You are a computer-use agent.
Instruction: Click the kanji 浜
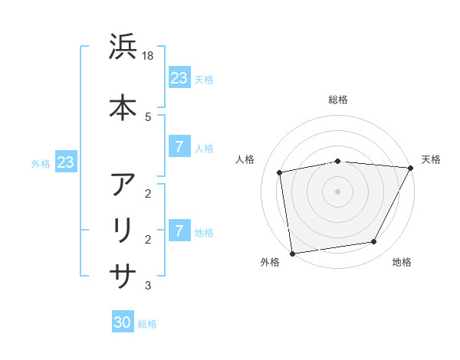[123, 47]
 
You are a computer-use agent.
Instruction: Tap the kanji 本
[123, 106]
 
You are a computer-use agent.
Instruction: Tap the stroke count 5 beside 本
[148, 116]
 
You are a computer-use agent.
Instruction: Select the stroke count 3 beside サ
[148, 286]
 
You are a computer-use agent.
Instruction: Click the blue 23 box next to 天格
[179, 78]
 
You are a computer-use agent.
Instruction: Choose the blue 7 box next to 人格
[179, 147]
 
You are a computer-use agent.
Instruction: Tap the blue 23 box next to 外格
[65, 162]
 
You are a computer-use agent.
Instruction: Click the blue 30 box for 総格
[123, 322]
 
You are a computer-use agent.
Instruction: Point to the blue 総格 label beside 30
[147, 324]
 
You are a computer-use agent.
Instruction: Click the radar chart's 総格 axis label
[337, 100]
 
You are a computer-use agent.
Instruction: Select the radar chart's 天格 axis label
[431, 159]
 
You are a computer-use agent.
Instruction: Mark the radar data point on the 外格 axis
[292, 253]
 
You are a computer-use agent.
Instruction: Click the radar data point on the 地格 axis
[374, 242]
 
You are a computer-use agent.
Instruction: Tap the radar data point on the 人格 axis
[280, 172]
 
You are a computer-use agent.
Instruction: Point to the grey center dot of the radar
[337, 191]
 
